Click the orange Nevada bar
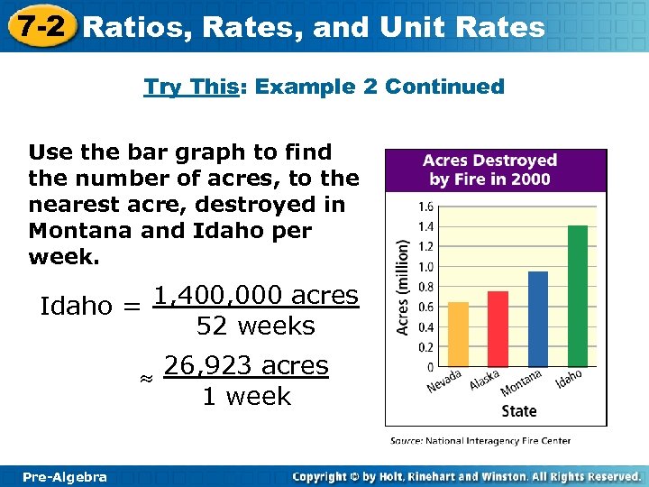[458, 335]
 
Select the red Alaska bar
[498, 329]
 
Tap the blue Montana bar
[537, 319]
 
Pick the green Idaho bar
[578, 296]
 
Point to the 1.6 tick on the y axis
[425, 207]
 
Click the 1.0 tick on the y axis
[425, 267]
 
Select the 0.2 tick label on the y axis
[425, 347]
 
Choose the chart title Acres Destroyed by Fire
[495, 169]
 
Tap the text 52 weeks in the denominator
[255, 326]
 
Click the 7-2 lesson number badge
[38, 25]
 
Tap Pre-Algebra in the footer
[64, 476]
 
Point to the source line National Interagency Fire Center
[480, 441]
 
